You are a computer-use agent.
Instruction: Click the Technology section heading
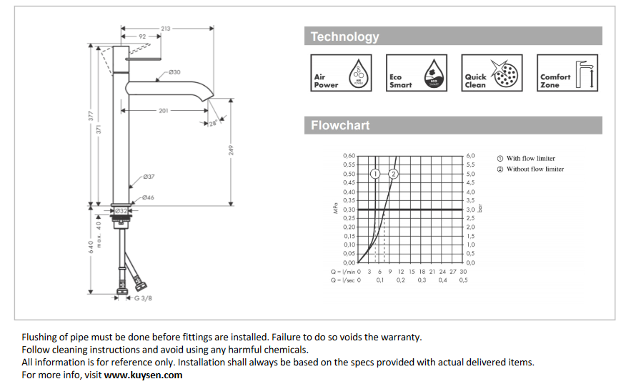click(345, 36)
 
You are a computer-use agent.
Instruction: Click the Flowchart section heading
click(340, 126)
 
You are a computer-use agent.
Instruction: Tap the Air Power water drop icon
click(358, 74)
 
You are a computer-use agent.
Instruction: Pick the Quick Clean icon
click(507, 74)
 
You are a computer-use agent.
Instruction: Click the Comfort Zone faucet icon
click(583, 74)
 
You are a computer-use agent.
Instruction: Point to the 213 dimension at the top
click(166, 29)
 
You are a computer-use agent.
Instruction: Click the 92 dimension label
click(142, 36)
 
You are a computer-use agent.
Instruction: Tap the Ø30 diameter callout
click(174, 72)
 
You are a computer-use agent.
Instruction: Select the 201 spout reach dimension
click(164, 111)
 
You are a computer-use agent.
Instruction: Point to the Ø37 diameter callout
click(149, 176)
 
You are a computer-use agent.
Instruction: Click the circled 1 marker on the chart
click(375, 174)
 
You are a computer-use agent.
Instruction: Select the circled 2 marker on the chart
click(392, 174)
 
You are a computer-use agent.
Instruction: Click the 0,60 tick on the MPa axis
click(349, 156)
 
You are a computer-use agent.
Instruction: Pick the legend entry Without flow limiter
click(535, 169)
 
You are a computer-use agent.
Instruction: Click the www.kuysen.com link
click(143, 375)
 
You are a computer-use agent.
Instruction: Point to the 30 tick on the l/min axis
click(463, 272)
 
